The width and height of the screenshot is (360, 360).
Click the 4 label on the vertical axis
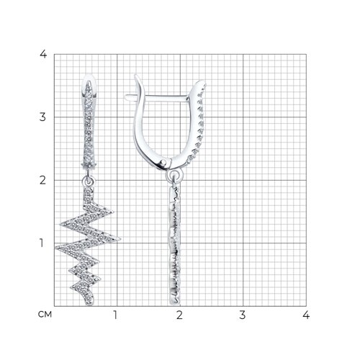[43, 54]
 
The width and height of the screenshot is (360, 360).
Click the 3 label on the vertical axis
[42, 117]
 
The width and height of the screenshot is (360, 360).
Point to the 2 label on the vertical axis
[42, 180]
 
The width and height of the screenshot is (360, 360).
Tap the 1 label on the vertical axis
[42, 243]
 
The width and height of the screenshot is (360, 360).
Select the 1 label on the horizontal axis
[115, 315]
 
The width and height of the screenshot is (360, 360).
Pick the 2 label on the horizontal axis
[179, 315]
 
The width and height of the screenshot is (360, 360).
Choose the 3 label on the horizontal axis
[243, 315]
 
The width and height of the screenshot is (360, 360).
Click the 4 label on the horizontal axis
[306, 315]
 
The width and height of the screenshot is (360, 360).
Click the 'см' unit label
[45, 315]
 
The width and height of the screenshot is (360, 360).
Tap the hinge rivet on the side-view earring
[163, 162]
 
